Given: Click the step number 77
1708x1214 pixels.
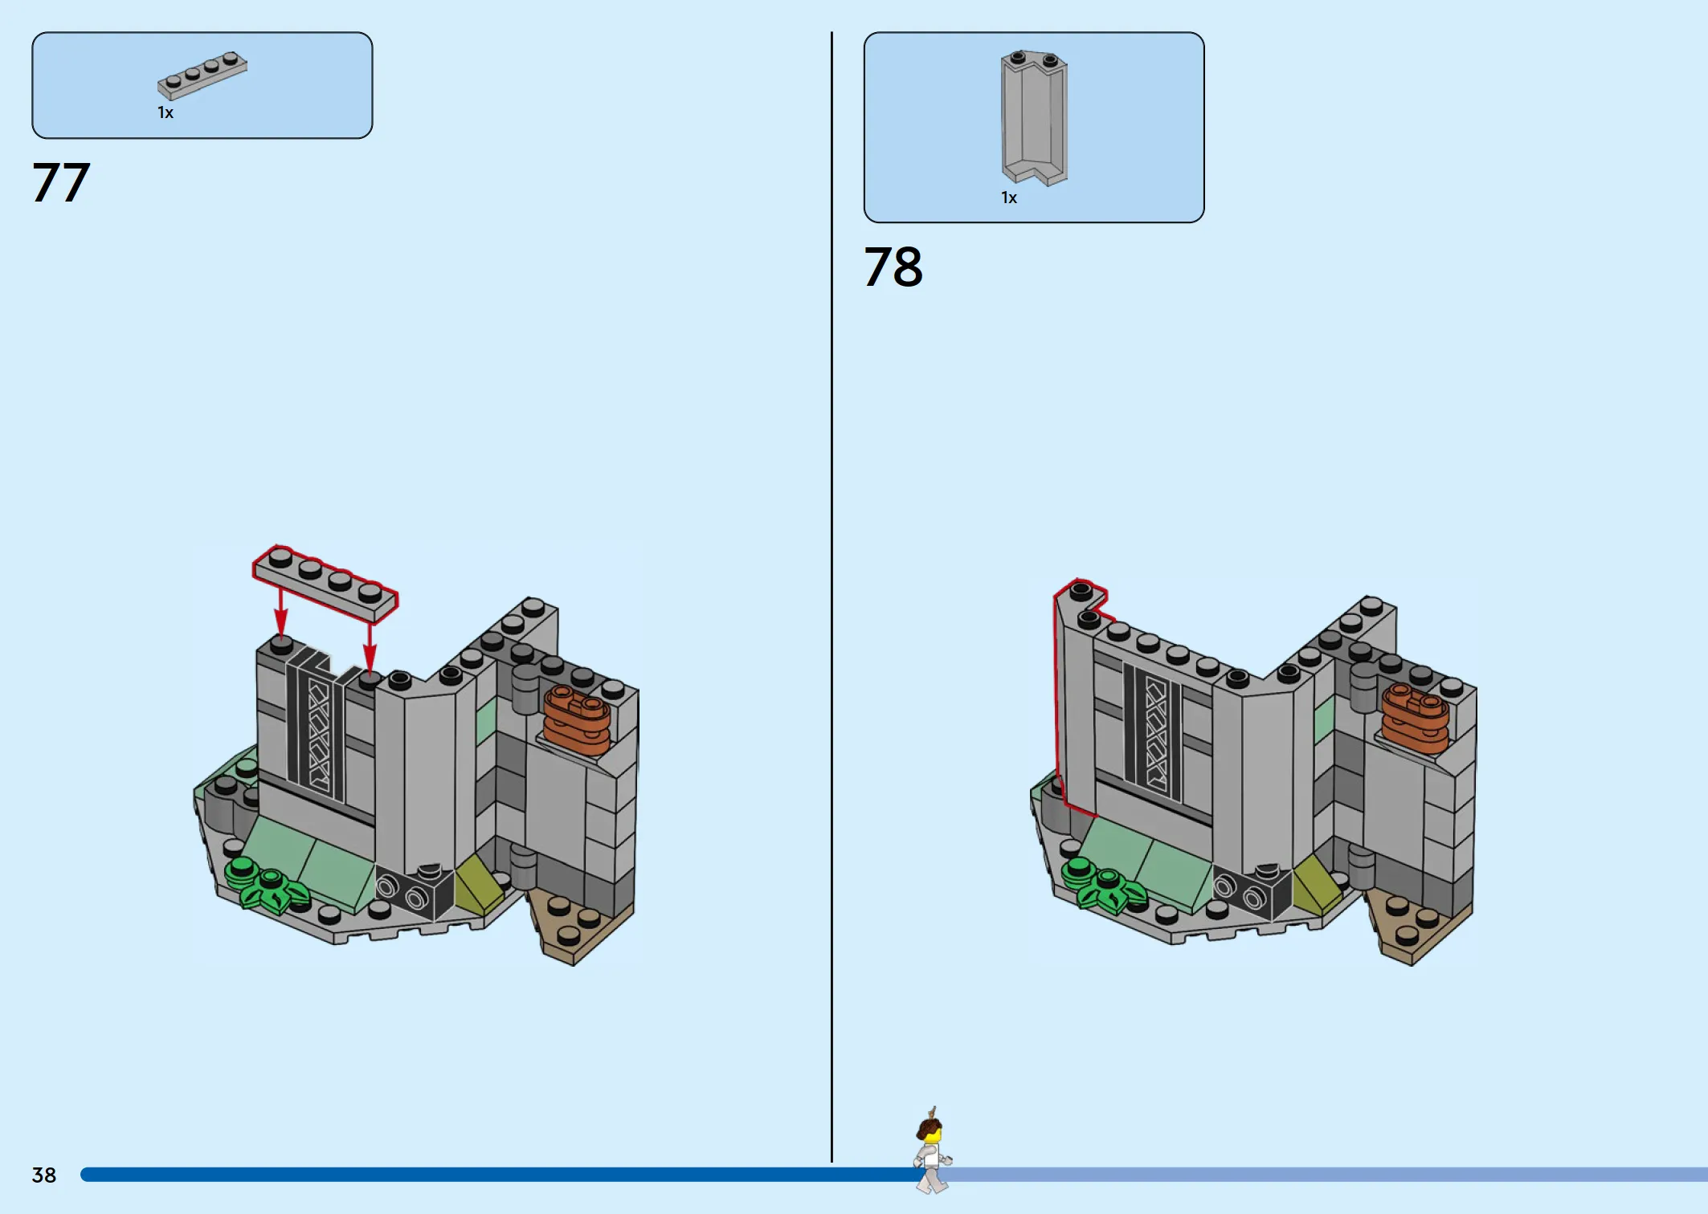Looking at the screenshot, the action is pos(61,182).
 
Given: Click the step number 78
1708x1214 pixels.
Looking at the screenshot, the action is pos(893,267).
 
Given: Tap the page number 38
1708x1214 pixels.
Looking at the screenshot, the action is pos(44,1175).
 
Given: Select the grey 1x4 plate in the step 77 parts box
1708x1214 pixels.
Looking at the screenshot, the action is pos(202,75).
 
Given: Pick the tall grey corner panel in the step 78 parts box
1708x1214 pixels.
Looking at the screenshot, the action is pos(1034,117).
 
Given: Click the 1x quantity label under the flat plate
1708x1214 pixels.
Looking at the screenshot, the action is pos(165,113).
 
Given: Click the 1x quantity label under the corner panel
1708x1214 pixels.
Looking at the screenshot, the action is pos(1009,198).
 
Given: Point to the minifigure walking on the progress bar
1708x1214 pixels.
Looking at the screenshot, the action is pos(932,1151).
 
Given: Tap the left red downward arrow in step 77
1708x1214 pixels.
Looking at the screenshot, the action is pos(280,613).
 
